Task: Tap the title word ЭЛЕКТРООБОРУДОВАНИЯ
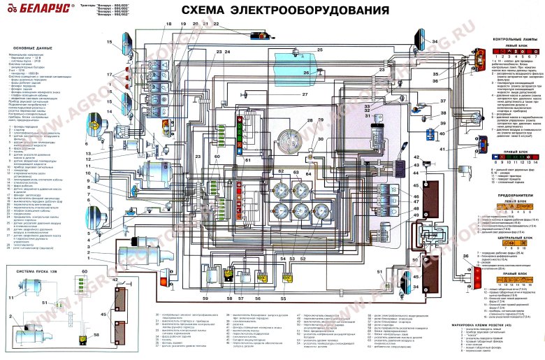(314, 11)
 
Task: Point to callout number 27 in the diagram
(305, 94)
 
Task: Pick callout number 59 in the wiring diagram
(206, 298)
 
